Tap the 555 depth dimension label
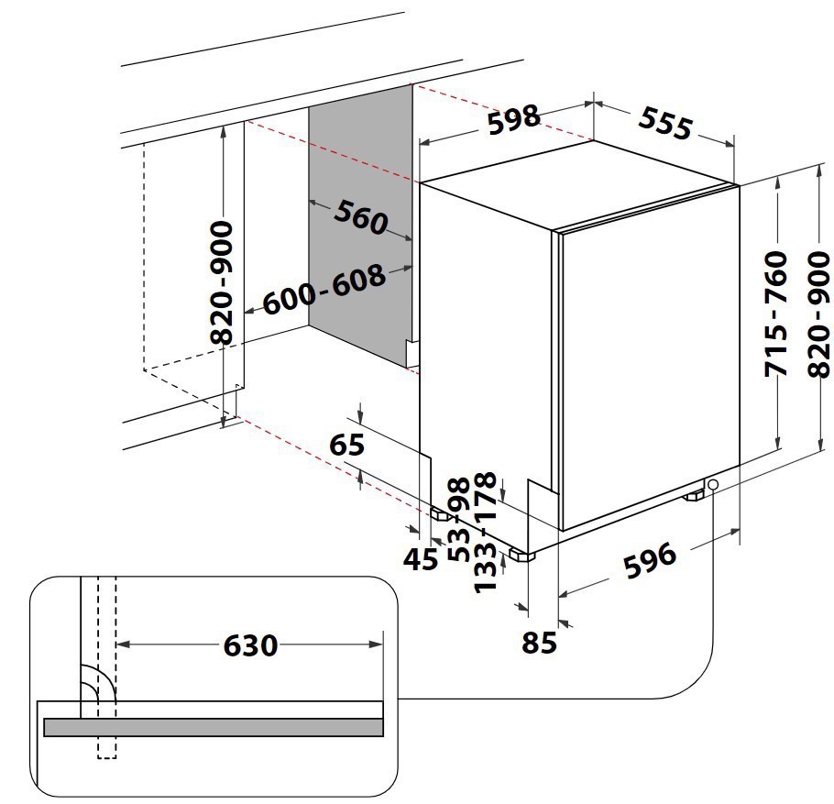click(664, 123)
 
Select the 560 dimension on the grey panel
click(360, 218)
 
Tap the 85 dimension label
click(539, 643)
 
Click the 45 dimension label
click(422, 558)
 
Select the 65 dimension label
click(346, 445)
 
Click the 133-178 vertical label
click(487, 532)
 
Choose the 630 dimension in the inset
click(250, 645)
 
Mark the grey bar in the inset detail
click(213, 727)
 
